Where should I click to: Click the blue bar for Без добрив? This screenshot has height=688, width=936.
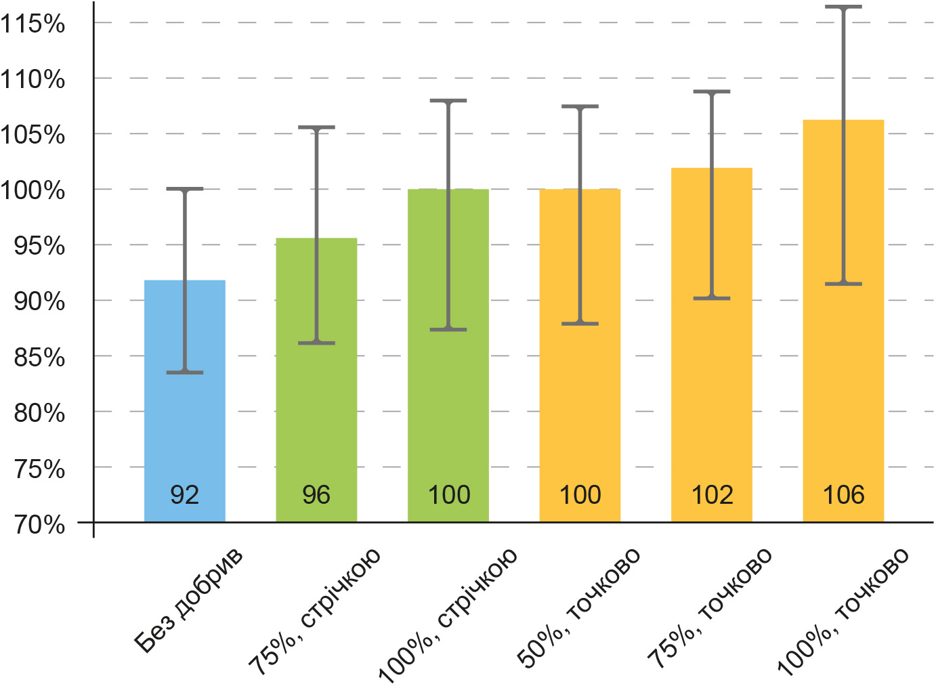coord(185,401)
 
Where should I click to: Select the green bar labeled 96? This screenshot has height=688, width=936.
coord(316,380)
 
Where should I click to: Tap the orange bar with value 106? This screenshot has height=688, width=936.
coord(843,321)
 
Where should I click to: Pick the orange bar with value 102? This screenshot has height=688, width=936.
coord(712,345)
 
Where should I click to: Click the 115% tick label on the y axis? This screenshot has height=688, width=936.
coord(33,24)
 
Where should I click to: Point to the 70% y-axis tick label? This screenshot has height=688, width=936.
coord(39,525)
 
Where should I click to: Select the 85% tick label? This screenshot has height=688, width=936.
coord(39,358)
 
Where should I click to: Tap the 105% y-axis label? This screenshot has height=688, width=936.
coord(33,135)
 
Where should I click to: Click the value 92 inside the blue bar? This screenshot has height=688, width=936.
coord(185,494)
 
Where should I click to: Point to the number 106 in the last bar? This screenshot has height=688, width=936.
coord(843,494)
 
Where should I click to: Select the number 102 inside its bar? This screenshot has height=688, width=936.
coord(712,494)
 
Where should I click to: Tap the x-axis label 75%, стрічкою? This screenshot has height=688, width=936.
coord(314,612)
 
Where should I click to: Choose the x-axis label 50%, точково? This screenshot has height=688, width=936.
coord(578,608)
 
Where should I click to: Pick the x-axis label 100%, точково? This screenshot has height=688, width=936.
coord(842,612)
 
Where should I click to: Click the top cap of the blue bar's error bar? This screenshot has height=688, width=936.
coord(185,189)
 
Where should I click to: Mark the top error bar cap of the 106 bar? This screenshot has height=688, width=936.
coord(843,7)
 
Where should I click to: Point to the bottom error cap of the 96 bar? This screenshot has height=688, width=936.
coord(316,343)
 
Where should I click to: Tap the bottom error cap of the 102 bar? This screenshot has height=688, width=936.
coord(712,298)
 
